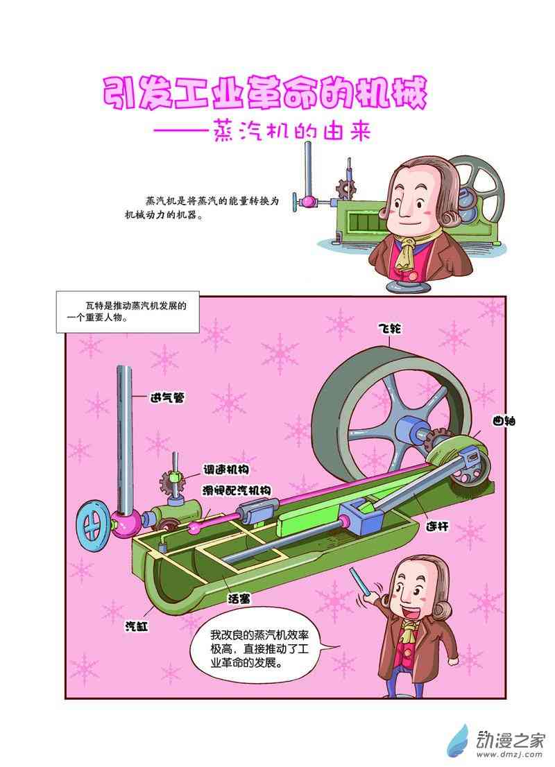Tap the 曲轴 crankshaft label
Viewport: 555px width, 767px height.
point(504,421)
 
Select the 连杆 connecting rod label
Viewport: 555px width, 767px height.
point(437,527)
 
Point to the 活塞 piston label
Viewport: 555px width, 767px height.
point(239,598)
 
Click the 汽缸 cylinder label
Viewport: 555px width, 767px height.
point(137,626)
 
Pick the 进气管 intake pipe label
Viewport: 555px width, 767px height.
point(169,398)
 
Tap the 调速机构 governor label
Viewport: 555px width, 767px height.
point(226,469)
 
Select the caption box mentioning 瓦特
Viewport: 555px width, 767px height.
point(128,312)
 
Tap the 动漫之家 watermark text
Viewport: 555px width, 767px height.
point(511,741)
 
